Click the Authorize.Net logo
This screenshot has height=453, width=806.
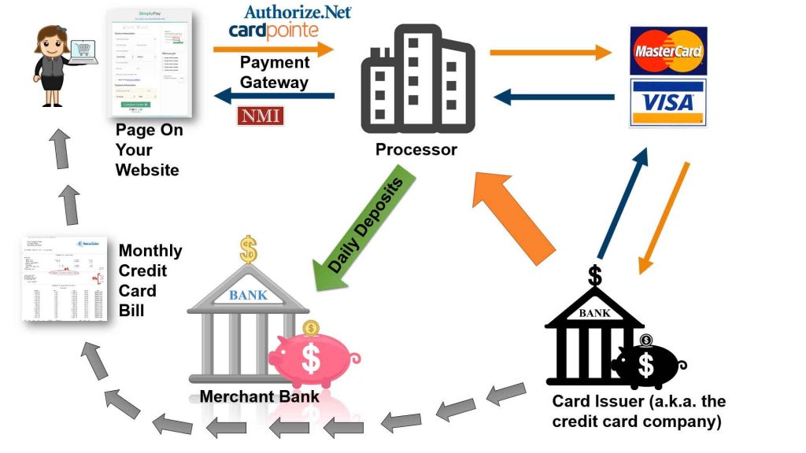pyautogui.click(x=298, y=11)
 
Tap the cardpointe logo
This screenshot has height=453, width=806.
pyautogui.click(x=274, y=31)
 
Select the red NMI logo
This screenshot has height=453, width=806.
pyautogui.click(x=260, y=116)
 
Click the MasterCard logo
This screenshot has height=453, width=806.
pyautogui.click(x=668, y=51)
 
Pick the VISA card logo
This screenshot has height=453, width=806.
pyautogui.click(x=668, y=102)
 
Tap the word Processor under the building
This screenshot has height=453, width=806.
pyautogui.click(x=416, y=149)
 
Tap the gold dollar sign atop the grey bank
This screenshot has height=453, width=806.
pyautogui.click(x=249, y=251)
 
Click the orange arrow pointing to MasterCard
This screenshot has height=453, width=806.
pyautogui.click(x=550, y=53)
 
